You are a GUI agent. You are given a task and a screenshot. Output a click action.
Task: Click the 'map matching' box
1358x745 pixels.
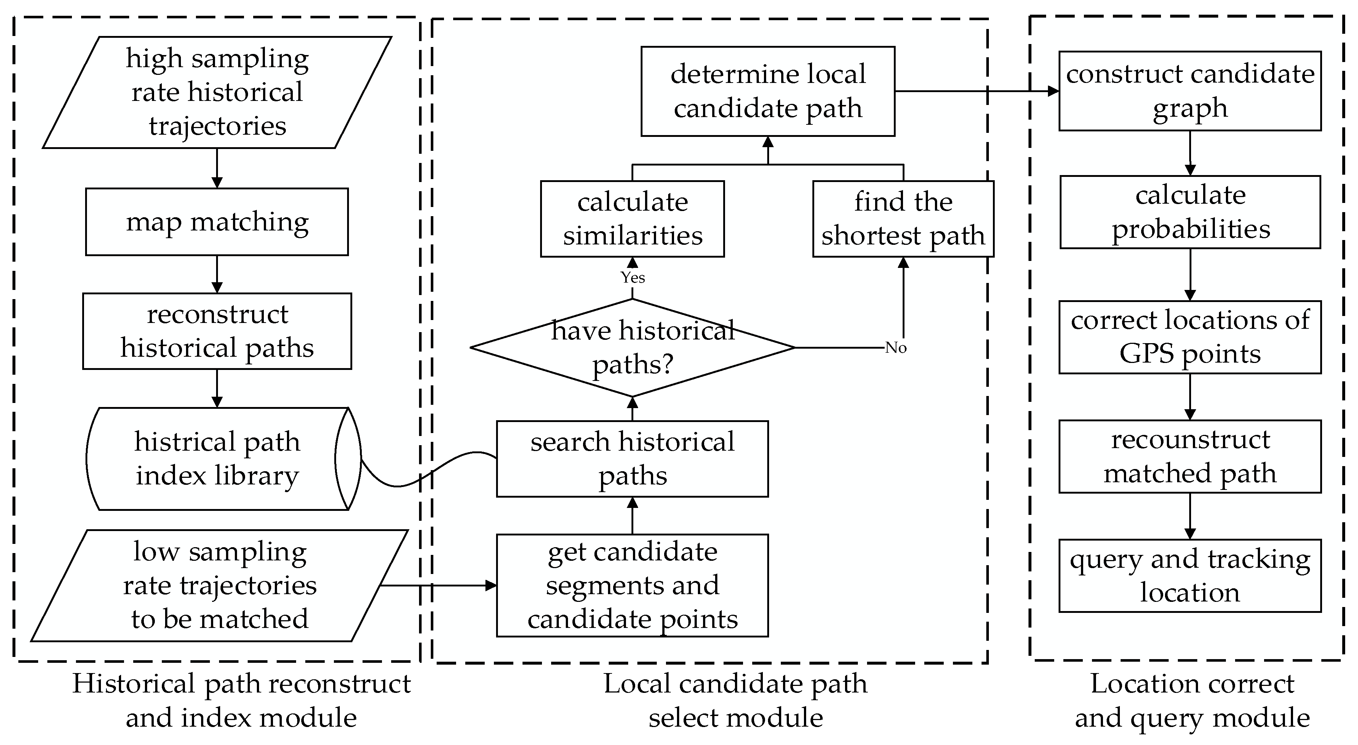coord(216,222)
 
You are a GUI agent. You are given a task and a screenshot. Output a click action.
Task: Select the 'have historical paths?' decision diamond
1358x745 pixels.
coord(632,348)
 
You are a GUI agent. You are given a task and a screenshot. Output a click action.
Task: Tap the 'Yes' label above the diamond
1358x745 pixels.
coord(632,277)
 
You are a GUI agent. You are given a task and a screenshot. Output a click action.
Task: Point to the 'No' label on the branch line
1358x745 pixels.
coord(895,348)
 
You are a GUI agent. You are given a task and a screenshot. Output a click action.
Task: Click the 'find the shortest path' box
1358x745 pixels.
coord(903,219)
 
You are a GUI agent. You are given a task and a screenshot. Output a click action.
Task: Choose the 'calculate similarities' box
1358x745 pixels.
coord(632,219)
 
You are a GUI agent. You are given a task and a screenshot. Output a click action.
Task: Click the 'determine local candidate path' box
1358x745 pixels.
coord(768,91)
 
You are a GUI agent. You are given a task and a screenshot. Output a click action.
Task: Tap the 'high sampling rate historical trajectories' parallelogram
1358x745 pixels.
coord(216,92)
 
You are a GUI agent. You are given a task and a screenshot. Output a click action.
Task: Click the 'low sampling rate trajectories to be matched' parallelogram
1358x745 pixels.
coord(219,585)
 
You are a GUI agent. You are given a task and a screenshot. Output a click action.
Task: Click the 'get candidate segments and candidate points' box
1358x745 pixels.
coord(632,585)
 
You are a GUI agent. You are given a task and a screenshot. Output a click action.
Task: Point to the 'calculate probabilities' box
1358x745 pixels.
coord(1190,212)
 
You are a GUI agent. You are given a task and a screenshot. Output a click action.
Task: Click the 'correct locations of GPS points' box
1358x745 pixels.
coord(1190,337)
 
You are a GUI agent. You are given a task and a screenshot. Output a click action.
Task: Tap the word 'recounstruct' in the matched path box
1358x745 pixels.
coord(1190,440)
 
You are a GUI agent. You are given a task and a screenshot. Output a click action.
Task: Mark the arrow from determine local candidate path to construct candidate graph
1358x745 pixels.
coord(975,91)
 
